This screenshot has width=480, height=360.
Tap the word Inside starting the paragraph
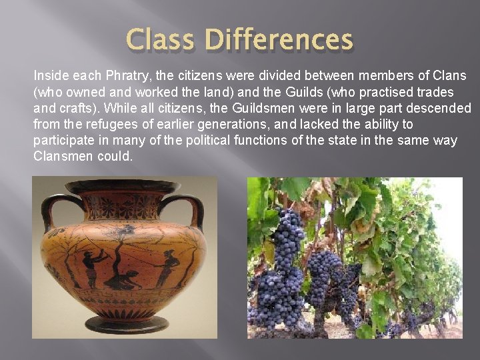(51, 75)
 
